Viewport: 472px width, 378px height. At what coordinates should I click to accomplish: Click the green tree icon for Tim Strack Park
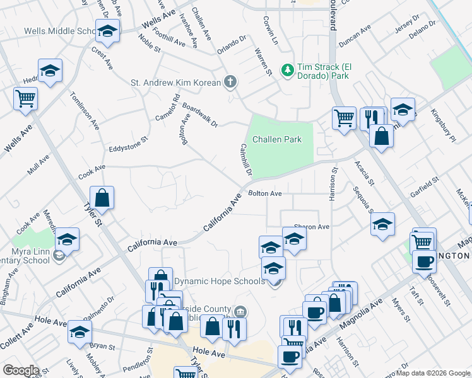click(x=288, y=69)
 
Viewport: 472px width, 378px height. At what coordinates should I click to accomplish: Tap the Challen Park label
click(x=277, y=139)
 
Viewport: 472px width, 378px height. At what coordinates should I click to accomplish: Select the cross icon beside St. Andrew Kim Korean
click(x=231, y=82)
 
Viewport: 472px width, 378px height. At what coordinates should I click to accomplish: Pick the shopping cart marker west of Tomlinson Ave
click(x=26, y=98)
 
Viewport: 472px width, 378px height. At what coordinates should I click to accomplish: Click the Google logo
click(x=21, y=370)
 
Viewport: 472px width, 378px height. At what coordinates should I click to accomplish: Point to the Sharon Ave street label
click(x=312, y=227)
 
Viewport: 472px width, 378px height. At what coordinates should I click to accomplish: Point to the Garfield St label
click(x=424, y=185)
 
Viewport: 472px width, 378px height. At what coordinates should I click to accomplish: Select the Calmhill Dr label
click(x=245, y=159)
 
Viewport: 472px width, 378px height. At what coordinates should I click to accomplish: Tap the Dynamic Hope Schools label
click(x=219, y=281)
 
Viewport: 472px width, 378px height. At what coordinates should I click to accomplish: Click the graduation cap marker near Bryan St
click(x=80, y=333)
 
